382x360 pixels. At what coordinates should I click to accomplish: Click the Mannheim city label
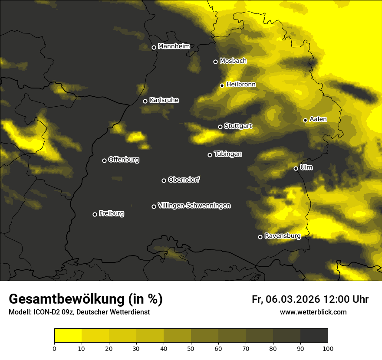click(174, 46)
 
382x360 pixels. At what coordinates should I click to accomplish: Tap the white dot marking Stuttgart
click(220, 127)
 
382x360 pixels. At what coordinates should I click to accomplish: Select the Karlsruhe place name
click(164, 100)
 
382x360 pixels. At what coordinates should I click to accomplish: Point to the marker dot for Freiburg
click(95, 214)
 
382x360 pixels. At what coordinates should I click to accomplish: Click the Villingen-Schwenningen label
click(194, 206)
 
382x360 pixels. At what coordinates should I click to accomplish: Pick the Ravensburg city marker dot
click(260, 237)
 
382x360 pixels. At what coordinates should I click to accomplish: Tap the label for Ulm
click(306, 167)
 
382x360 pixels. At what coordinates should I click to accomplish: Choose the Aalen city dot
click(305, 120)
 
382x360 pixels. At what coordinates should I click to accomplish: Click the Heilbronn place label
click(241, 85)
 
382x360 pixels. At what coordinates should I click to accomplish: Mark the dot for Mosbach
click(215, 62)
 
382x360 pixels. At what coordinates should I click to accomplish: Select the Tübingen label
click(228, 154)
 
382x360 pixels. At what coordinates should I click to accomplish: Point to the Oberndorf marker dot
click(164, 180)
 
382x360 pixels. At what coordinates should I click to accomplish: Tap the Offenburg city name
click(124, 160)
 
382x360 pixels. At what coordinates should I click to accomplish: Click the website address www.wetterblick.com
click(313, 312)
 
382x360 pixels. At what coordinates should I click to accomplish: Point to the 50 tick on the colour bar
click(191, 348)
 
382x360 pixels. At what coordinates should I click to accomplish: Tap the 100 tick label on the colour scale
click(328, 348)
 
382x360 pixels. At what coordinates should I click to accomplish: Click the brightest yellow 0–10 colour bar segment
click(68, 335)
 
